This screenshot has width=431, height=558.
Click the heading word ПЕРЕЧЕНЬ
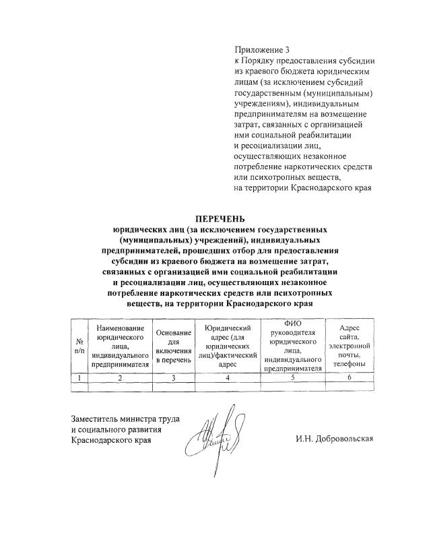point(221,218)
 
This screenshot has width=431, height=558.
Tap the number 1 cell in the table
point(79,378)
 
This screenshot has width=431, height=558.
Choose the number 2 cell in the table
point(120,378)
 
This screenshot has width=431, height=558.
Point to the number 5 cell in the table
point(291,378)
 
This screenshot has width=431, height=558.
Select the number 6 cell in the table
point(349,378)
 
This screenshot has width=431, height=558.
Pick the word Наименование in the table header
point(120,328)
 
